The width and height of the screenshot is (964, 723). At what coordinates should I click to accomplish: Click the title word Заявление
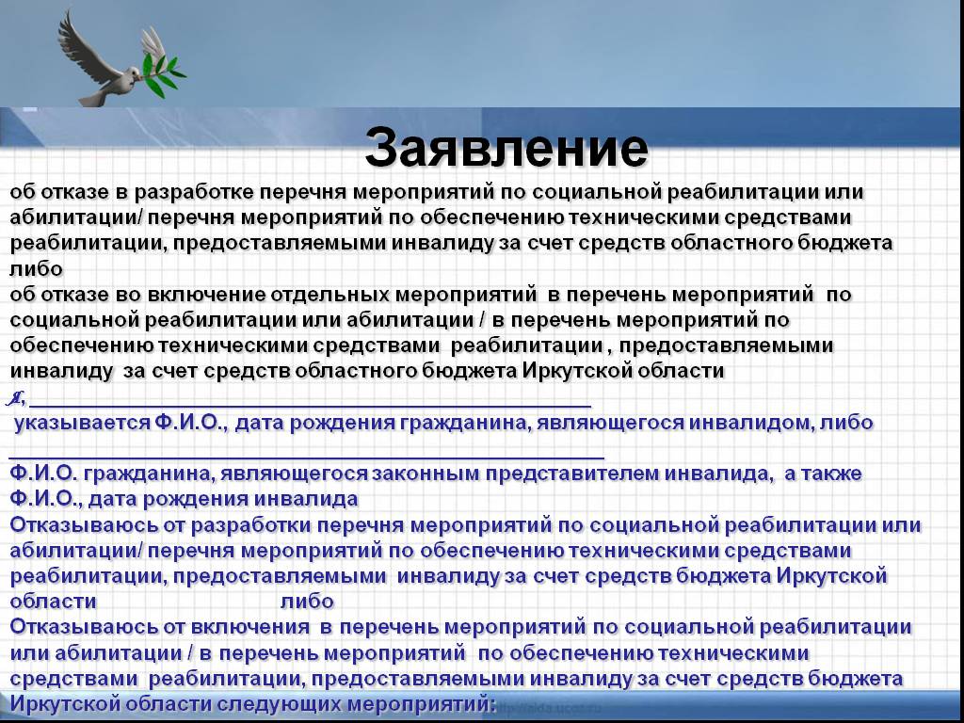[506, 148]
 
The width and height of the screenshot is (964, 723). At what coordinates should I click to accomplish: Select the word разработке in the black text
[194, 192]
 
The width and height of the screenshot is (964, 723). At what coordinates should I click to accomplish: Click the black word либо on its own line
[37, 268]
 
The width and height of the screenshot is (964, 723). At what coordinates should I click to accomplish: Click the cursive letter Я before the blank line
[15, 399]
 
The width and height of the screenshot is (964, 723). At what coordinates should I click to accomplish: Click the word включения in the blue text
[250, 627]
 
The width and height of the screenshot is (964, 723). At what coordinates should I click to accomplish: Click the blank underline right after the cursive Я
[311, 407]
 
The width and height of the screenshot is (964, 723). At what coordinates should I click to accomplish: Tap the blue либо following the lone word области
[308, 602]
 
